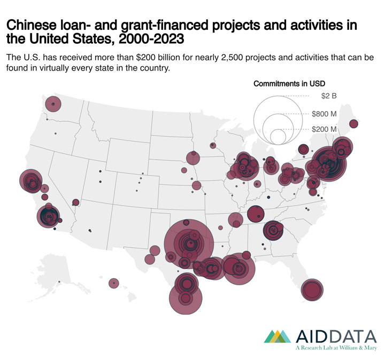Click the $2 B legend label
point(328,96)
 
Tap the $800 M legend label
point(324,114)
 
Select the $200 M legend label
point(324,129)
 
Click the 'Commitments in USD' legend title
point(289,83)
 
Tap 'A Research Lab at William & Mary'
point(336,348)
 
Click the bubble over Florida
point(312,289)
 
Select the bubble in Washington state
point(52,104)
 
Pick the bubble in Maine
point(353,124)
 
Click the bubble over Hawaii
point(113,283)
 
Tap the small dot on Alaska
point(59,282)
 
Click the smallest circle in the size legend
point(278,137)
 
